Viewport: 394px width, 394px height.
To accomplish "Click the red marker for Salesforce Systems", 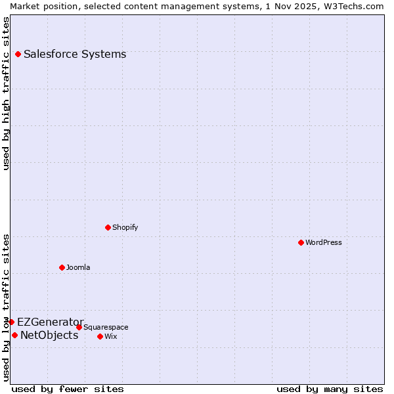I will click(18, 55).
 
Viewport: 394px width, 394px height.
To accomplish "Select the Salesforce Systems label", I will click(75, 55).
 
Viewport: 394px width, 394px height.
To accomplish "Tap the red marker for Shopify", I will click(108, 228).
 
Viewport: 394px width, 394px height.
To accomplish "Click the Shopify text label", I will click(125, 228).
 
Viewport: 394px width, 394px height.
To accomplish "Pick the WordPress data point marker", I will click(301, 243).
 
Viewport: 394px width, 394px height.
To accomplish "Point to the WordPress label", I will click(324, 243).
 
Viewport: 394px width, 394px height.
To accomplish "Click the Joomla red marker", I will click(62, 268).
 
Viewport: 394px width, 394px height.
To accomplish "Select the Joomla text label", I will click(78, 268).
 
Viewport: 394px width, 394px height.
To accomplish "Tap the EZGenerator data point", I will click(11, 322).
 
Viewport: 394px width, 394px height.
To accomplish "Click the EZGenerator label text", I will click(51, 322).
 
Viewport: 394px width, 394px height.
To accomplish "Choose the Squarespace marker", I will click(79, 328).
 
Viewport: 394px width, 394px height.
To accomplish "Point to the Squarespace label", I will click(106, 328).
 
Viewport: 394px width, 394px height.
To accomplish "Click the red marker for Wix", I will click(100, 337).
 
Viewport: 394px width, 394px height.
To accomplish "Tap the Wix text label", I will click(111, 337).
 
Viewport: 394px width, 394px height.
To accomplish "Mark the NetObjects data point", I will click(14, 336).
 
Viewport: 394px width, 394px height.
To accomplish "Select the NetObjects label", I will click(49, 336).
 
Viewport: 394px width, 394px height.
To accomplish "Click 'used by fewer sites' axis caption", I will click(68, 389).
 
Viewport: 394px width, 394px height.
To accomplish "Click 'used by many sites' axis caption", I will click(330, 389).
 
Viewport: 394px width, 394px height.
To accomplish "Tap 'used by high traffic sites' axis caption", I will click(6, 93).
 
